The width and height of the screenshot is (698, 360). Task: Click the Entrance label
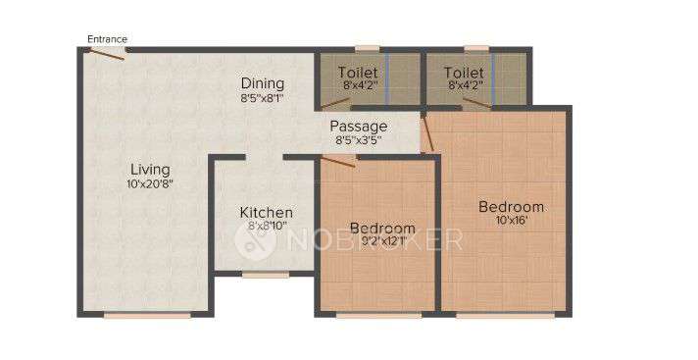point(107,39)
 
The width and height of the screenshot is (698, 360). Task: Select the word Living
point(150,170)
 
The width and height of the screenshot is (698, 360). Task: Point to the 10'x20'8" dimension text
point(150,184)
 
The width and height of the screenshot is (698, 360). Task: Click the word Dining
point(263,83)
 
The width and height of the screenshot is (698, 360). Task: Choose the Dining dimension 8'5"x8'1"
point(263,98)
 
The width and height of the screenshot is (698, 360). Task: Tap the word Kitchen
point(266,212)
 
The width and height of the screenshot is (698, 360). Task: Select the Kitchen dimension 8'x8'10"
point(266,227)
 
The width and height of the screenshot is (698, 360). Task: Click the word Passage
point(358,127)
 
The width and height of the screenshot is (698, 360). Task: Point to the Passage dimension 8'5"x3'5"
point(358,140)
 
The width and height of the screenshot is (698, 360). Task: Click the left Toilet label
point(358,73)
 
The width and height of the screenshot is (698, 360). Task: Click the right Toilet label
point(464,73)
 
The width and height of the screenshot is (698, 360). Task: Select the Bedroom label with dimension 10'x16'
point(511,207)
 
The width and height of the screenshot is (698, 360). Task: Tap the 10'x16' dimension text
point(511,222)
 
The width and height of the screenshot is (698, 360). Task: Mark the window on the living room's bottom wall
point(147,315)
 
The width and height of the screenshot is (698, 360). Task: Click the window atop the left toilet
point(368,47)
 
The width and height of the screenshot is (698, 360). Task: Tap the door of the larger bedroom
point(426,133)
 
